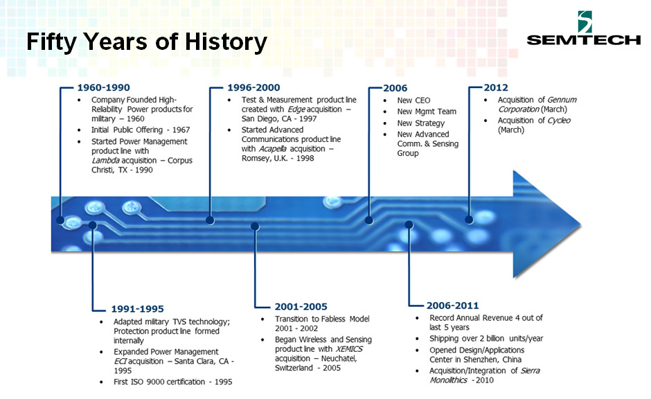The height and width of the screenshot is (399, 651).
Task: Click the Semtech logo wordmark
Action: tap(583, 40)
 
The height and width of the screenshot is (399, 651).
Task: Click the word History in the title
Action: tap(226, 42)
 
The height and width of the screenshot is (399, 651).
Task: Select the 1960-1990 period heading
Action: tap(103, 87)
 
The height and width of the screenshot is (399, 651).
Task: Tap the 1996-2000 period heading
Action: tap(253, 87)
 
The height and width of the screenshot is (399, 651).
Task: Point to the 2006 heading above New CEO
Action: tap(395, 88)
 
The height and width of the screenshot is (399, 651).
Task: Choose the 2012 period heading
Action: tap(496, 87)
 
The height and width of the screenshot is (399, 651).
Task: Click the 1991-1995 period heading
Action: tap(137, 309)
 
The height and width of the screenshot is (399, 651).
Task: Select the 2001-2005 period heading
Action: tap(301, 307)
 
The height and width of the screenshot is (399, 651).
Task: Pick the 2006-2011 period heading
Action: tap(452, 305)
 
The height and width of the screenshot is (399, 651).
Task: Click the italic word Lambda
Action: tap(106, 160)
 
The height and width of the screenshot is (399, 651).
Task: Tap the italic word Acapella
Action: tap(273, 149)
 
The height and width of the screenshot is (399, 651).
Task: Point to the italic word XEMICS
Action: tap(349, 348)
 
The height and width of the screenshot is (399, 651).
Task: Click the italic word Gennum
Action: tap(562, 100)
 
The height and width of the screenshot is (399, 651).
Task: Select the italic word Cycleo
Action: tap(559, 121)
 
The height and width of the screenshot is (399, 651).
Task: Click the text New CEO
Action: tap(413, 100)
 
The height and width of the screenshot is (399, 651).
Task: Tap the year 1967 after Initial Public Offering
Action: tap(181, 130)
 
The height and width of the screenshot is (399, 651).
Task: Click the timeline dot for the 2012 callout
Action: tap(469, 220)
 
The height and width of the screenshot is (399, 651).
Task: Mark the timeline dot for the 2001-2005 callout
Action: tap(255, 227)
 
